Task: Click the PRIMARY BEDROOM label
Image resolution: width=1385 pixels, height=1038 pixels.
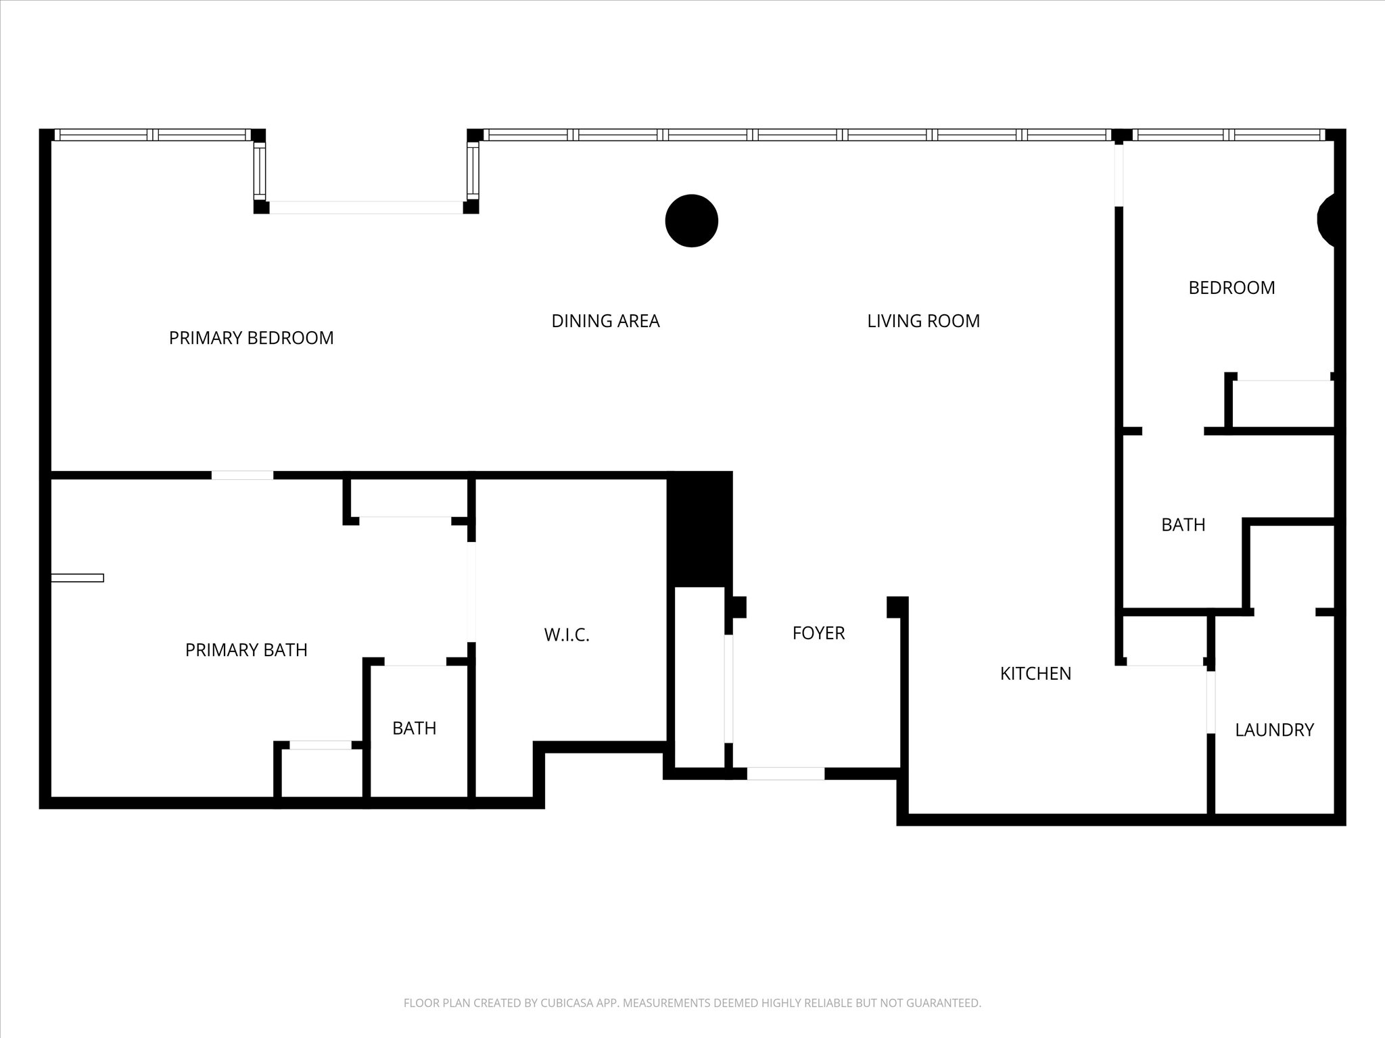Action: pyautogui.click(x=251, y=338)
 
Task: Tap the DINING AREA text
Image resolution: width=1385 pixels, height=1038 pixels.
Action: pyautogui.click(x=605, y=321)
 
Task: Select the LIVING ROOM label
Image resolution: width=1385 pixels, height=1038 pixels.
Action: pyautogui.click(x=923, y=321)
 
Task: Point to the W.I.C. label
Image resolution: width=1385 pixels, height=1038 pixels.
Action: pyautogui.click(x=567, y=635)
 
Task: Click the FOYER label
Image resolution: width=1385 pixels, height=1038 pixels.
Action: pyautogui.click(x=818, y=633)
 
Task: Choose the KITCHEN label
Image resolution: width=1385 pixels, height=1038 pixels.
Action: pyautogui.click(x=1035, y=674)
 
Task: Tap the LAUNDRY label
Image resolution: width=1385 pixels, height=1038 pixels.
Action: pyautogui.click(x=1274, y=730)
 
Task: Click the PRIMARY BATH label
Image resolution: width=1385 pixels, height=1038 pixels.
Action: pyautogui.click(x=246, y=650)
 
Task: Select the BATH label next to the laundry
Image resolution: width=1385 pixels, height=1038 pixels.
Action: pyautogui.click(x=1183, y=525)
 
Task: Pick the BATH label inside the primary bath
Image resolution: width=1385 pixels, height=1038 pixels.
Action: pyautogui.click(x=414, y=728)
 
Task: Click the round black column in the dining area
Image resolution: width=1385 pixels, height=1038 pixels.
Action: pyautogui.click(x=691, y=221)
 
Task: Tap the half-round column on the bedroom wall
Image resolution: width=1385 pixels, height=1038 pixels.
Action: pyautogui.click(x=1327, y=220)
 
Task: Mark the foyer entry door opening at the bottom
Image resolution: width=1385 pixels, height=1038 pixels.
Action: pyautogui.click(x=785, y=774)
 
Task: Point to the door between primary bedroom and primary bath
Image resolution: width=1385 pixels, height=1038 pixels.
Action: pyautogui.click(x=242, y=475)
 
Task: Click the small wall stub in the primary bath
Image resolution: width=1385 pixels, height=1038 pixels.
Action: pyautogui.click(x=78, y=578)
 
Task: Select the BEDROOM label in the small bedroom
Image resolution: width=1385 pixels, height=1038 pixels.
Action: pyautogui.click(x=1231, y=288)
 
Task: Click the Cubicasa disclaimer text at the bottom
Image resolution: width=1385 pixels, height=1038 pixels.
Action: pyautogui.click(x=692, y=1003)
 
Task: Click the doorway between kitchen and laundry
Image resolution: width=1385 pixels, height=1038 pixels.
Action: pyautogui.click(x=1211, y=703)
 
